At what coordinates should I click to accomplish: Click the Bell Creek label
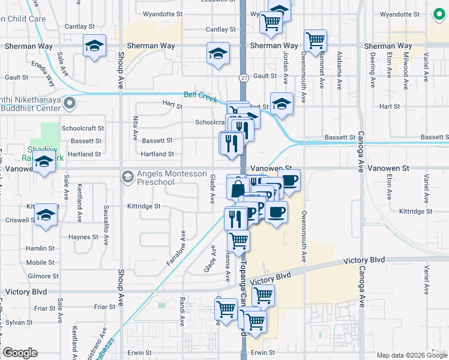point(199,95)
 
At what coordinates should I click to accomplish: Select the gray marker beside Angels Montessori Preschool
point(127,177)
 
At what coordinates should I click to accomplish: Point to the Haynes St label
point(83,237)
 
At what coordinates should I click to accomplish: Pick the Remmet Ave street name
point(322,74)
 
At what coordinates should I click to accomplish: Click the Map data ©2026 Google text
point(411,355)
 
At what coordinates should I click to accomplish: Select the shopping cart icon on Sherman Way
point(315,40)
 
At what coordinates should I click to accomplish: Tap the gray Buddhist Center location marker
point(70,104)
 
